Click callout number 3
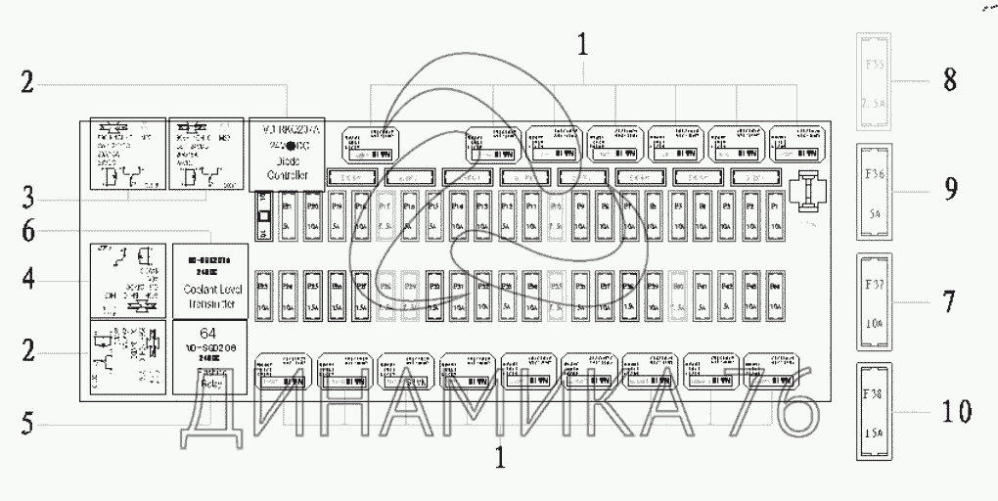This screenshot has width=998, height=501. [28, 196]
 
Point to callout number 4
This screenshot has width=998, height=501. [28, 282]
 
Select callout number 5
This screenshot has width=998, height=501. [28, 424]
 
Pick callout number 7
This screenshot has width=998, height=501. [948, 300]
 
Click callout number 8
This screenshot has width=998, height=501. [948, 79]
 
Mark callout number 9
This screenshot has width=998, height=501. [948, 188]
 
